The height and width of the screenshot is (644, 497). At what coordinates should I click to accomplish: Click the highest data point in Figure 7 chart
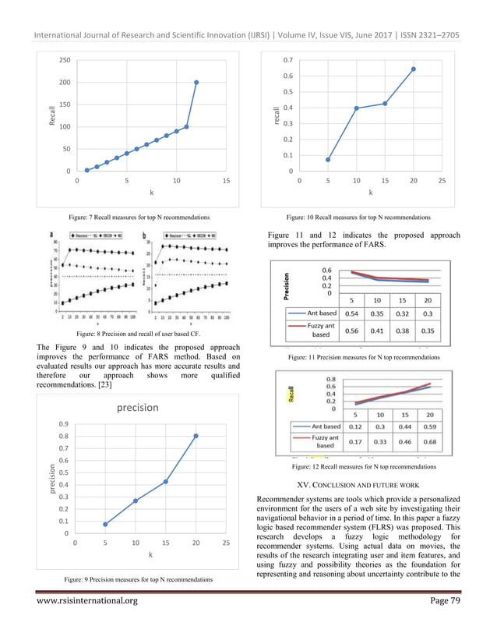(x=196, y=82)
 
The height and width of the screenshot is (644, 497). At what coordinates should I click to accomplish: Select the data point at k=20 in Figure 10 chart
(x=414, y=69)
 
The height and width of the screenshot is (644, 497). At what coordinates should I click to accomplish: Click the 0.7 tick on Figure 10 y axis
(x=287, y=59)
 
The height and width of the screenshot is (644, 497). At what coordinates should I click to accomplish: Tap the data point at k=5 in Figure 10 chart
(x=327, y=159)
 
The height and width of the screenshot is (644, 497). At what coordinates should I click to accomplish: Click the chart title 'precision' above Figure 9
(x=138, y=406)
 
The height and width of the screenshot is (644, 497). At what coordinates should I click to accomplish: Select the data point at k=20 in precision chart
(x=196, y=436)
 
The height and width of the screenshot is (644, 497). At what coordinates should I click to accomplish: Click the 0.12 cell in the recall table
(x=354, y=426)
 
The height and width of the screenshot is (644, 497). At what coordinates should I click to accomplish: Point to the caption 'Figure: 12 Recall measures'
(x=364, y=466)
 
